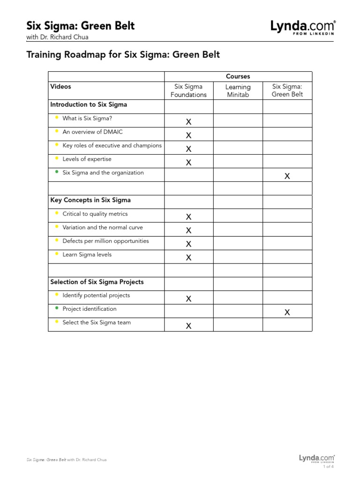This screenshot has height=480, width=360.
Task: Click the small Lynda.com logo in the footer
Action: point(317,458)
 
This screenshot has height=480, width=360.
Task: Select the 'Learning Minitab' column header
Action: point(238,90)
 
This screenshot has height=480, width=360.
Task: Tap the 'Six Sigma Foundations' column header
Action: point(188,90)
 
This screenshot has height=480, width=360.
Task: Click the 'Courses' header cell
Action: point(238,76)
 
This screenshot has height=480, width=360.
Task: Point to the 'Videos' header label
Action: point(60,87)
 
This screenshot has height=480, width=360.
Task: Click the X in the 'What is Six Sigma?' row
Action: point(188,122)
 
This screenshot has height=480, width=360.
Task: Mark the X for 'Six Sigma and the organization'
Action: point(287,176)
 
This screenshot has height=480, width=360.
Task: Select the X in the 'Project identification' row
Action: point(287,312)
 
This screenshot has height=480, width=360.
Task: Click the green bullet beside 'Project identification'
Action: point(56,308)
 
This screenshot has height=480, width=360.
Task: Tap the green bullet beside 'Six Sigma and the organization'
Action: point(56,172)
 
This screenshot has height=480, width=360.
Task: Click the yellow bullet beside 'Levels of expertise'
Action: point(56,158)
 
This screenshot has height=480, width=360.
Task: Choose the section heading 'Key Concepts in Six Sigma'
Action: point(90,200)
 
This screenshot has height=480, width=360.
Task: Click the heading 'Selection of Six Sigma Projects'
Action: point(97,282)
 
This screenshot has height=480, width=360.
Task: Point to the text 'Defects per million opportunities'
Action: point(105,241)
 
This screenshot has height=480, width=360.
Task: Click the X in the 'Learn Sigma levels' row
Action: point(188,257)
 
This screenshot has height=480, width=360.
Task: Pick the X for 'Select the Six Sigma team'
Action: point(188,326)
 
